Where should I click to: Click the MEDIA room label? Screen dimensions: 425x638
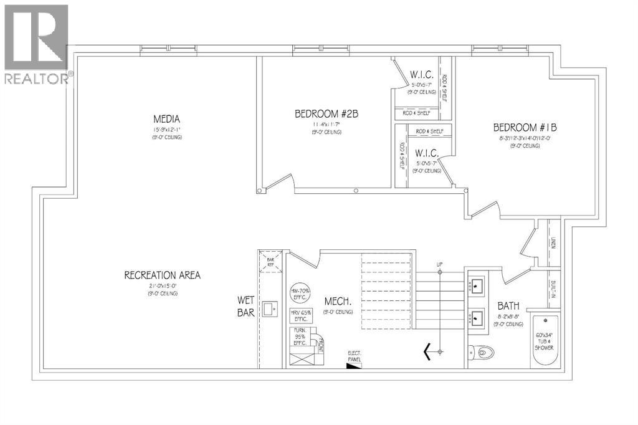pyautogui.click(x=166, y=119)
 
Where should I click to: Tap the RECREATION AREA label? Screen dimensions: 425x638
pyautogui.click(x=162, y=275)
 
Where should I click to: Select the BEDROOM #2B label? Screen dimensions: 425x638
pyautogui.click(x=326, y=114)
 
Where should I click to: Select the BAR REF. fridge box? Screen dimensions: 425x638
pyautogui.click(x=270, y=260)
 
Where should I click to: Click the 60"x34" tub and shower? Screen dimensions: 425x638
pyautogui.click(x=546, y=342)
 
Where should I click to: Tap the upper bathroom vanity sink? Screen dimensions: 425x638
pyautogui.click(x=478, y=286)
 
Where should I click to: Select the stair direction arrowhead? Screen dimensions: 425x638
pyautogui.click(x=428, y=351)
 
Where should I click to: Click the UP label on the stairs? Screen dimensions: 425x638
pyautogui.click(x=439, y=265)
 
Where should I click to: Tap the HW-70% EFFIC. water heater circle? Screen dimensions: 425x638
pyautogui.click(x=302, y=294)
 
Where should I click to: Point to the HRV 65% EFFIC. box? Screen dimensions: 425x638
pyautogui.click(x=302, y=315)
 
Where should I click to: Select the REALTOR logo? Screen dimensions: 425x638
pyautogui.click(x=36, y=44)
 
